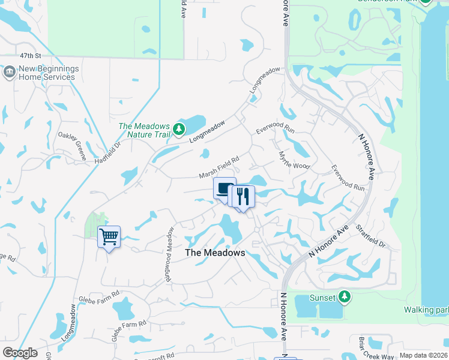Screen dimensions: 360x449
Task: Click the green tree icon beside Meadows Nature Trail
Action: (x=178, y=129)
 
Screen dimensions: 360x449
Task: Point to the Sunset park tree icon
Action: (x=345, y=296)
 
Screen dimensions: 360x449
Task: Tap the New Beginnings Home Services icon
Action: (x=9, y=73)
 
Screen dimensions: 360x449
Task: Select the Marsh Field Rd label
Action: (x=219, y=167)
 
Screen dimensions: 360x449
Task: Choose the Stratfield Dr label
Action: (x=369, y=236)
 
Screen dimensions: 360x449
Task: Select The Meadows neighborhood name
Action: (x=215, y=253)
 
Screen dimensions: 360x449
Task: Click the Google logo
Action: (x=20, y=353)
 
